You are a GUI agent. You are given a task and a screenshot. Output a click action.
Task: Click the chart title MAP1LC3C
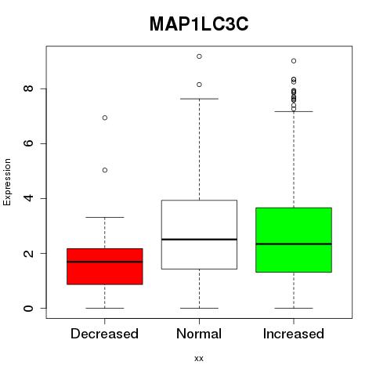pos(199,24)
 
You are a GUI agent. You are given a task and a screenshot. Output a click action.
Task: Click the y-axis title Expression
pos(7,182)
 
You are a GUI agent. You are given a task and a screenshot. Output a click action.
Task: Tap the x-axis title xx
pos(199,358)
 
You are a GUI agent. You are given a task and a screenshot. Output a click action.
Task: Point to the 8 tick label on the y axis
pos(28,89)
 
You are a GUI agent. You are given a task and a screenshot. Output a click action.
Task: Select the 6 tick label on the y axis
pos(28,143)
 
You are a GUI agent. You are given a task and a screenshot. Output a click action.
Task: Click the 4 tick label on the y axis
pos(28,198)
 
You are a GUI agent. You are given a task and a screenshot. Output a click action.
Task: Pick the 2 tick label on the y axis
pos(28,253)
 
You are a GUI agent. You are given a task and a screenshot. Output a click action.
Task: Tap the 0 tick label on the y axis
pos(28,308)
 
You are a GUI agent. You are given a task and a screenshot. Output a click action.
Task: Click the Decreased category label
pos(104,334)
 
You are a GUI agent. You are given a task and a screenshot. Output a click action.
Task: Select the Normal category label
pos(199,334)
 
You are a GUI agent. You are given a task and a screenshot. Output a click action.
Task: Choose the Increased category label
pos(294,334)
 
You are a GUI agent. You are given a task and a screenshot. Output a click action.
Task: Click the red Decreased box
pos(105,266)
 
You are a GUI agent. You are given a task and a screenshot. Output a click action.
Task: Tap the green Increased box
pos(294,240)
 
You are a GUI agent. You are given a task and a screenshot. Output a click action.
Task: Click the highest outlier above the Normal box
pos(199,56)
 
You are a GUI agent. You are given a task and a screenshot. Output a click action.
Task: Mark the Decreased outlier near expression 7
pos(105,117)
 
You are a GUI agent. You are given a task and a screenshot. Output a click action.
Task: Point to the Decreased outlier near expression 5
pos(105,170)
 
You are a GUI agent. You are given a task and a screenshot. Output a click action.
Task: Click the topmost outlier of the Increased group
pos(294,61)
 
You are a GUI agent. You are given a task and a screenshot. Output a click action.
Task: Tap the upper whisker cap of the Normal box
pos(199,99)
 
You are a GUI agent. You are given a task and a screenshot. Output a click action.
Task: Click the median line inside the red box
pos(105,262)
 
